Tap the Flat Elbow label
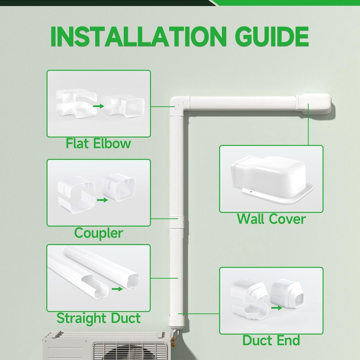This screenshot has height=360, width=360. [98, 144]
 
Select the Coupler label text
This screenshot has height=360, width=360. [98, 233]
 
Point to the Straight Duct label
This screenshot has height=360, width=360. [98, 318]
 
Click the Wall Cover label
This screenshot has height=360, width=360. [271, 219]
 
